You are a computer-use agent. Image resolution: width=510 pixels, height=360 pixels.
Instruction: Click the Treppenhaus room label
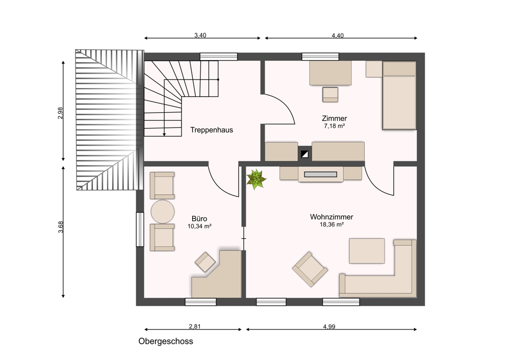tap(212, 130)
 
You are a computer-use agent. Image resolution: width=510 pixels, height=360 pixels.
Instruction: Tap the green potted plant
tap(257, 179)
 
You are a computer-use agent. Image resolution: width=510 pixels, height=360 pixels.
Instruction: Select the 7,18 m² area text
tap(335, 126)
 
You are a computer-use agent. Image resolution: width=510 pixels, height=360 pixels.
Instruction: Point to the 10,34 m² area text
tap(199, 226)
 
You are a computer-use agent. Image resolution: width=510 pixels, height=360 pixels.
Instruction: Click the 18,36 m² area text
tap(332, 224)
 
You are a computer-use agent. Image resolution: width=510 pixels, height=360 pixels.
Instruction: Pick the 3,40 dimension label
tap(200, 35)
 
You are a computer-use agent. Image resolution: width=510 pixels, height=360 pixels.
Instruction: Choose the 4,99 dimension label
tap(329, 326)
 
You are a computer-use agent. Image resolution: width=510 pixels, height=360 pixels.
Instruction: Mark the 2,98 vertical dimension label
tap(60, 113)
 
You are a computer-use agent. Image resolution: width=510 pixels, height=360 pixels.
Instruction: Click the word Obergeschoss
tap(166, 342)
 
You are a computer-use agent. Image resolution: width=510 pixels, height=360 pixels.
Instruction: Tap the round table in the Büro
tap(163, 212)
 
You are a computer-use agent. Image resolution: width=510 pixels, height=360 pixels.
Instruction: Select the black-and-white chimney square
tap(305, 154)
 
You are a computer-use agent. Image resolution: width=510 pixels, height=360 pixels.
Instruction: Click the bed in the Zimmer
tap(399, 95)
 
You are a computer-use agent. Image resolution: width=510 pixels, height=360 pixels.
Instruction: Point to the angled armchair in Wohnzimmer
tap(310, 269)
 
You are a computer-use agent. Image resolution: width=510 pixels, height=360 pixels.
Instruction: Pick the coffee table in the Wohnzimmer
tap(367, 251)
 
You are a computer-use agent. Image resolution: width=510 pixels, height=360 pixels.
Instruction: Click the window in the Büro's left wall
tap(140, 229)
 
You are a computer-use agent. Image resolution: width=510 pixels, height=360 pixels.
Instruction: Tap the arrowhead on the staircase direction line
tap(165, 134)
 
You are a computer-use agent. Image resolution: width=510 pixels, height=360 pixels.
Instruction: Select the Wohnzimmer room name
tap(331, 217)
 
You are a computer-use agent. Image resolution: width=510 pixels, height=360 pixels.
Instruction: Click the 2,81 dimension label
tap(195, 326)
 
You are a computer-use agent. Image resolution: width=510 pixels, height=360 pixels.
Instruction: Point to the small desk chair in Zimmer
tap(330, 95)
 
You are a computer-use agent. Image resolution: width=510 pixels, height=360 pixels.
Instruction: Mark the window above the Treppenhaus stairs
tap(219, 57)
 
